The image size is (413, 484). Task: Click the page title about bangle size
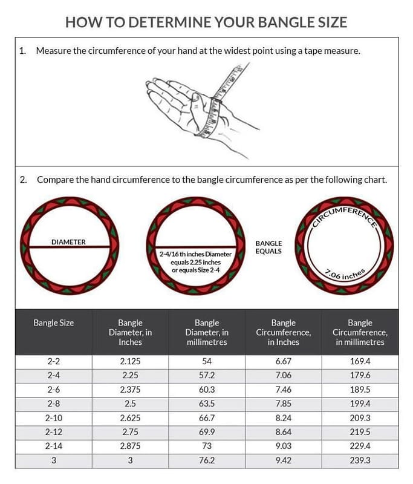click(206, 23)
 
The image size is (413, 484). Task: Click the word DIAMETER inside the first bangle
click(68, 242)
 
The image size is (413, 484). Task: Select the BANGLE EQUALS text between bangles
click(268, 247)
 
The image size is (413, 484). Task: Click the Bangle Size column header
click(54, 323)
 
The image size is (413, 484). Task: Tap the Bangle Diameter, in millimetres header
click(207, 332)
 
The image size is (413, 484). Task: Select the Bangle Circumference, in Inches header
click(283, 332)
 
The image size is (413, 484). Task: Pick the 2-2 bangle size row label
click(54, 361)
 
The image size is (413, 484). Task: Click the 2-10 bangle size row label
click(54, 417)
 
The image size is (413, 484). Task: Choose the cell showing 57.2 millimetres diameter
click(207, 375)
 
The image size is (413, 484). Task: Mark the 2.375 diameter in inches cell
click(130, 389)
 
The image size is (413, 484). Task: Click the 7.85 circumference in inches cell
click(283, 403)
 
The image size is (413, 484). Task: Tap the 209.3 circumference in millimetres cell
click(360, 417)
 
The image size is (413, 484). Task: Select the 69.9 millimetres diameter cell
click(207, 431)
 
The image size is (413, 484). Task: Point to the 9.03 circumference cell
click(283, 445)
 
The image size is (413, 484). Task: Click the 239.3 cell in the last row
click(360, 459)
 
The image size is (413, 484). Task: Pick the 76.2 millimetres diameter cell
click(207, 459)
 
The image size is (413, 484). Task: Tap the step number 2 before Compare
click(22, 180)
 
